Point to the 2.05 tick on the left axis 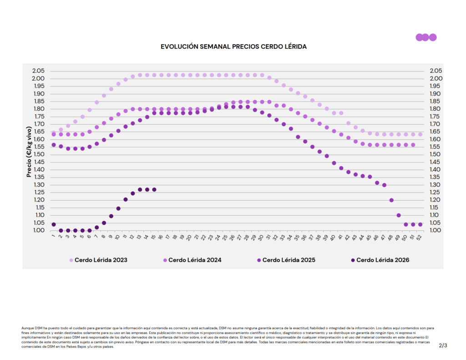(x=38, y=71)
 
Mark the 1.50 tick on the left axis (x=38, y=154)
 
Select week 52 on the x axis (x=420, y=237)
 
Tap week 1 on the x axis (x=54, y=236)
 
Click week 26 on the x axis (x=233, y=237)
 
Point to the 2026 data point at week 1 (x=54, y=224)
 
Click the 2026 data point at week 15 (x=154, y=189)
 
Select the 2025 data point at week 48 (x=391, y=200)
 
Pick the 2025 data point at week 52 (x=420, y=224)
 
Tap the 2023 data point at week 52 (x=420, y=134)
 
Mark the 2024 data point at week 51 (x=413, y=145)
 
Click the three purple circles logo (x=426, y=37)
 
